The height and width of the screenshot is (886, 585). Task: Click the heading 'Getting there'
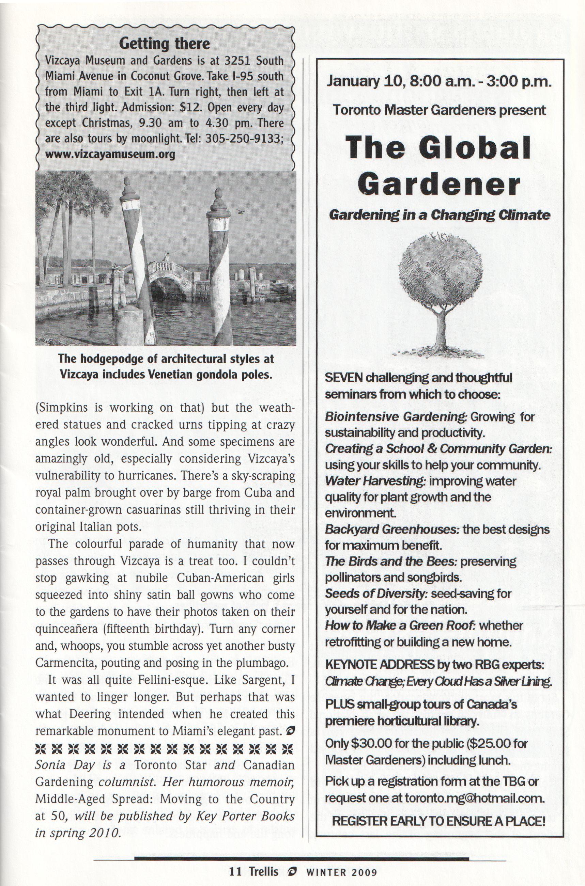pos(164,44)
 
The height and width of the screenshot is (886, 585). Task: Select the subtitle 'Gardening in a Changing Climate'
pos(439,216)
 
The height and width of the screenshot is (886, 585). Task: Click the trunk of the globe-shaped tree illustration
pos(440,328)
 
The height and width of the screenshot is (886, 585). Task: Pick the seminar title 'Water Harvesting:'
pos(375,481)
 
